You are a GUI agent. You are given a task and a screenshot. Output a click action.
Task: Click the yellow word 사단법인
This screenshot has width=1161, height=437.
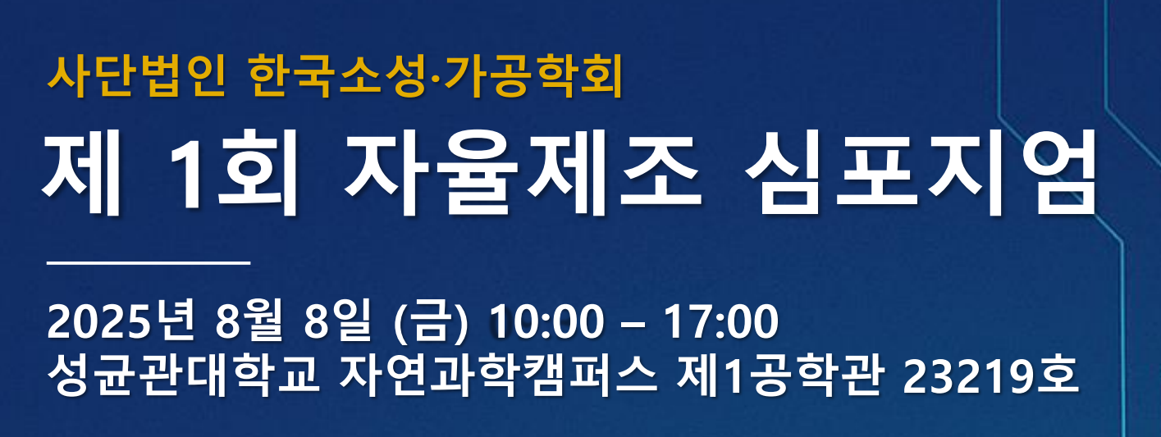pyautogui.click(x=137, y=77)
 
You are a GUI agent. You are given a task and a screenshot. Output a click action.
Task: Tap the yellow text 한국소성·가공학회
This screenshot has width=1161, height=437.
pyautogui.click(x=436, y=77)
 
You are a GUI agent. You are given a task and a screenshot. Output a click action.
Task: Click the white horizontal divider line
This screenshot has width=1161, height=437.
pyautogui.click(x=149, y=263)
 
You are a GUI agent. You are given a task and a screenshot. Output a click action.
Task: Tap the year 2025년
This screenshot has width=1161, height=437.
pyautogui.click(x=121, y=321)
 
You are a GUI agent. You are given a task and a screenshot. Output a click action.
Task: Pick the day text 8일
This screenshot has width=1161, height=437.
pyautogui.click(x=337, y=321)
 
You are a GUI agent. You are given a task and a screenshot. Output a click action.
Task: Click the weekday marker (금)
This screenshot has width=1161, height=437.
pyautogui.click(x=431, y=321)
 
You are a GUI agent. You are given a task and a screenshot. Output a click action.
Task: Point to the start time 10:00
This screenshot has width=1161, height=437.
pyautogui.click(x=546, y=321)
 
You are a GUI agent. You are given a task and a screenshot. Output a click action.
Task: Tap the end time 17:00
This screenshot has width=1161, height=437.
pyautogui.click(x=721, y=321)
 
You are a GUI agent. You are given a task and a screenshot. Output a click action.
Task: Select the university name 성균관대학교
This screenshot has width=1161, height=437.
pyautogui.click(x=184, y=375)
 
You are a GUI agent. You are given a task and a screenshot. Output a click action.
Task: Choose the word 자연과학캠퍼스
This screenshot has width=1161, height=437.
pyautogui.click(x=499, y=375)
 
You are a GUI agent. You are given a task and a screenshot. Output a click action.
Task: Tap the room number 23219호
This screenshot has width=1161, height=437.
pyautogui.click(x=991, y=375)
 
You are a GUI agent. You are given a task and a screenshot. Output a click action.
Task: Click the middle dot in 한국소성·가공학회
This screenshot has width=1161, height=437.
pyautogui.click(x=435, y=79)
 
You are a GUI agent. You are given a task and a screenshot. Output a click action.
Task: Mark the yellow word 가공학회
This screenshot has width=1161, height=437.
pyautogui.click(x=533, y=77)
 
